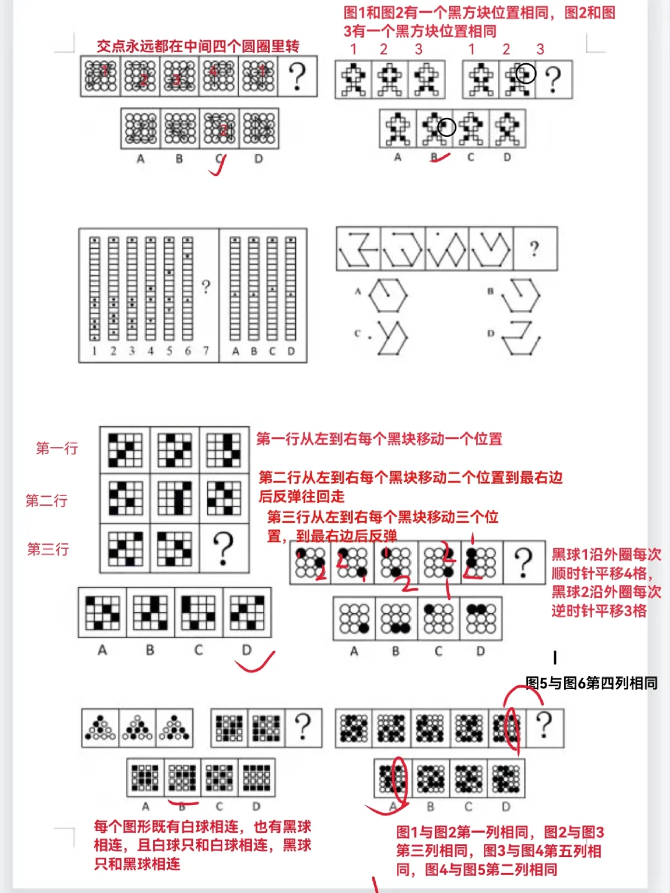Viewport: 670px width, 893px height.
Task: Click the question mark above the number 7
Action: [x=206, y=287]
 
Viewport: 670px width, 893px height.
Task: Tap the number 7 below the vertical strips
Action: [x=206, y=351]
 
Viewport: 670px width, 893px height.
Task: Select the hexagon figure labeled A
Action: [x=388, y=295]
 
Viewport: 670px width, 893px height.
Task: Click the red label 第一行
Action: [x=57, y=448]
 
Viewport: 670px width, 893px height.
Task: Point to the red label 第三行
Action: [x=48, y=549]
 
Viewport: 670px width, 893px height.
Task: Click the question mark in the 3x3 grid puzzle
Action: [x=223, y=548]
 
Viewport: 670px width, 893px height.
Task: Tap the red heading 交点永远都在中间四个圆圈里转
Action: [x=198, y=46]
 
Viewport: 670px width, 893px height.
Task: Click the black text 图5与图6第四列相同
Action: [x=591, y=683]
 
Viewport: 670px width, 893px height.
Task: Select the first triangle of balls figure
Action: [x=100, y=727]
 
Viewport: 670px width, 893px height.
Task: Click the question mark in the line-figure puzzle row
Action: [x=534, y=249]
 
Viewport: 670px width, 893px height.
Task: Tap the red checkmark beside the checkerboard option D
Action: [x=254, y=662]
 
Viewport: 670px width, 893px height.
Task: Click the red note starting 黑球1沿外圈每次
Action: [x=606, y=582]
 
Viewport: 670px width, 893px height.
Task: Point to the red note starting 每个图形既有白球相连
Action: [x=202, y=845]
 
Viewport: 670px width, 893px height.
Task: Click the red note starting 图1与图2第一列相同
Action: [x=500, y=851]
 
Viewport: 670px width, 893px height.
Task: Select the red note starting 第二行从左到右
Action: [x=410, y=486]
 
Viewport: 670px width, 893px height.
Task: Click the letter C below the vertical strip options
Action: [x=272, y=351]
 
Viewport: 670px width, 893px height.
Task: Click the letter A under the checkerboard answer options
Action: [x=102, y=650]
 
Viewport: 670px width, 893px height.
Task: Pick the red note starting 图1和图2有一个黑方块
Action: [x=479, y=22]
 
